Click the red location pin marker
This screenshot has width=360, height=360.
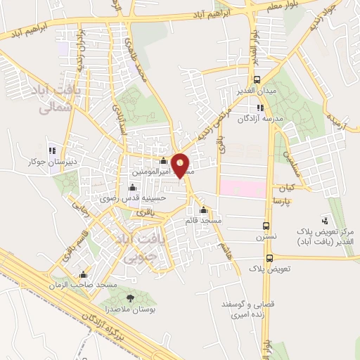(x=180, y=165)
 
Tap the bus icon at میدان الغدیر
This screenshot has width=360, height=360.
(x=257, y=79)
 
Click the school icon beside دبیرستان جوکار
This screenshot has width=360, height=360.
(x=52, y=149)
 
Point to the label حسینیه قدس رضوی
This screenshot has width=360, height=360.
(x=145, y=198)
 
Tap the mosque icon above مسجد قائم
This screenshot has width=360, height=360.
(x=204, y=210)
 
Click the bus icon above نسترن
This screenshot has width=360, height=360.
(x=265, y=226)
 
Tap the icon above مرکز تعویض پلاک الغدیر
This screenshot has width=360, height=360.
(x=324, y=221)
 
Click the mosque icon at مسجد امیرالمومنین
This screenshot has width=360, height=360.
(x=164, y=161)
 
